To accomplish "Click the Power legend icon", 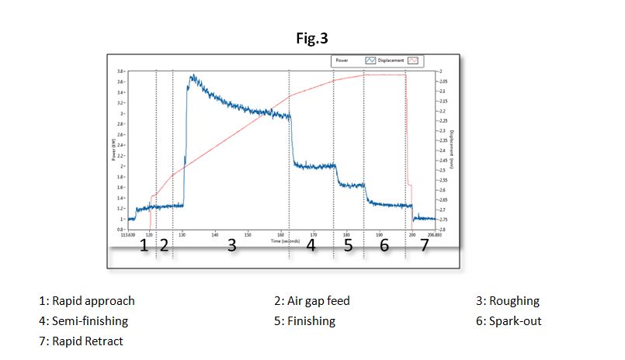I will tap(370, 60).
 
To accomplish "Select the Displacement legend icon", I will tap(412, 60).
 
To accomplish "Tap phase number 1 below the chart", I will tap(143, 246).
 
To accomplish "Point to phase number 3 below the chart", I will tap(231, 246).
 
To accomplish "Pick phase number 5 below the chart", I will tap(348, 246).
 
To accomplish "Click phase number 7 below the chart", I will tap(424, 246).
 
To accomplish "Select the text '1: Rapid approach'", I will tap(86, 301).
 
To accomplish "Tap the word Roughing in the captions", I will tap(519, 301).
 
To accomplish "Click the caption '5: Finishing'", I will tap(299, 320).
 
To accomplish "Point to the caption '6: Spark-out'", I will tap(509, 320).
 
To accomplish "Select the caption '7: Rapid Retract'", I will tap(81, 341).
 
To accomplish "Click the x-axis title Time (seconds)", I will tap(285, 241).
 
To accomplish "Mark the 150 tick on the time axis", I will tap(248, 235).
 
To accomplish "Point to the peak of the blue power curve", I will tap(191, 76).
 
